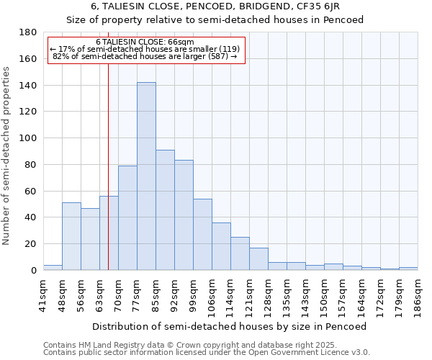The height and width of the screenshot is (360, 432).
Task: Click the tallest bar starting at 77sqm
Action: coord(146,176)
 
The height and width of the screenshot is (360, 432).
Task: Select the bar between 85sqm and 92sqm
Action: coord(165,210)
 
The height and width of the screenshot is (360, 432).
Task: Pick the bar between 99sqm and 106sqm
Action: coord(202,234)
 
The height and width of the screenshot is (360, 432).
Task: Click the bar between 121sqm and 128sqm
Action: coord(258,258)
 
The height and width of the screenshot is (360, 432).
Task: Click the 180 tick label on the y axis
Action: coord(28,32)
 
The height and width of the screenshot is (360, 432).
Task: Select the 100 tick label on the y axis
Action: coord(28,138)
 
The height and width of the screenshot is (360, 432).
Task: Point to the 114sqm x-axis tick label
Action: coord(230,294)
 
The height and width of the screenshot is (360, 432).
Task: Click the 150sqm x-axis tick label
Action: coord(324,294)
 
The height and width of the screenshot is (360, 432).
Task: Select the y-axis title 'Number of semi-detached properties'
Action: coord(7,156)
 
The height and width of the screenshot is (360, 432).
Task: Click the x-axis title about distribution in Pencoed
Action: coord(230,326)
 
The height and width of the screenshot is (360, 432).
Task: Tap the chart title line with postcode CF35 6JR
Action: coord(215,6)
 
